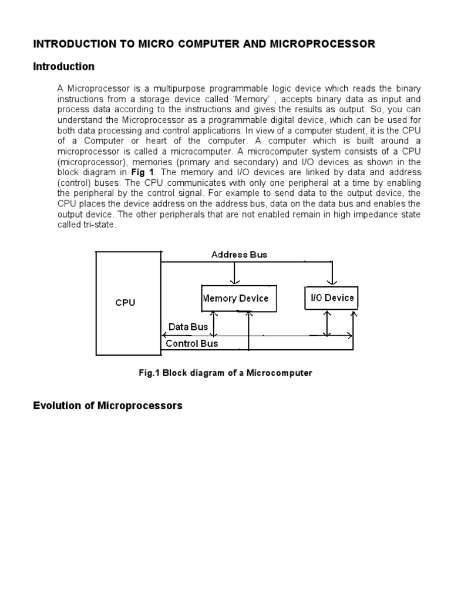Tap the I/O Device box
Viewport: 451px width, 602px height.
point(331,297)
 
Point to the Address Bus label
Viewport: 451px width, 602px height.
point(239,255)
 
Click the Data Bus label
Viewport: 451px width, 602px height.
point(188,327)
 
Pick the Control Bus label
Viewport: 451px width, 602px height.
point(191,343)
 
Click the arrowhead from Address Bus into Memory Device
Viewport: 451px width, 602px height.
point(235,281)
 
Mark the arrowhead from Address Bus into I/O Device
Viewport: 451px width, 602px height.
point(332,281)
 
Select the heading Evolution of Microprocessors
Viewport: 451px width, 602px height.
point(107,406)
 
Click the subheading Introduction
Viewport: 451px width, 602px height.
point(63,66)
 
